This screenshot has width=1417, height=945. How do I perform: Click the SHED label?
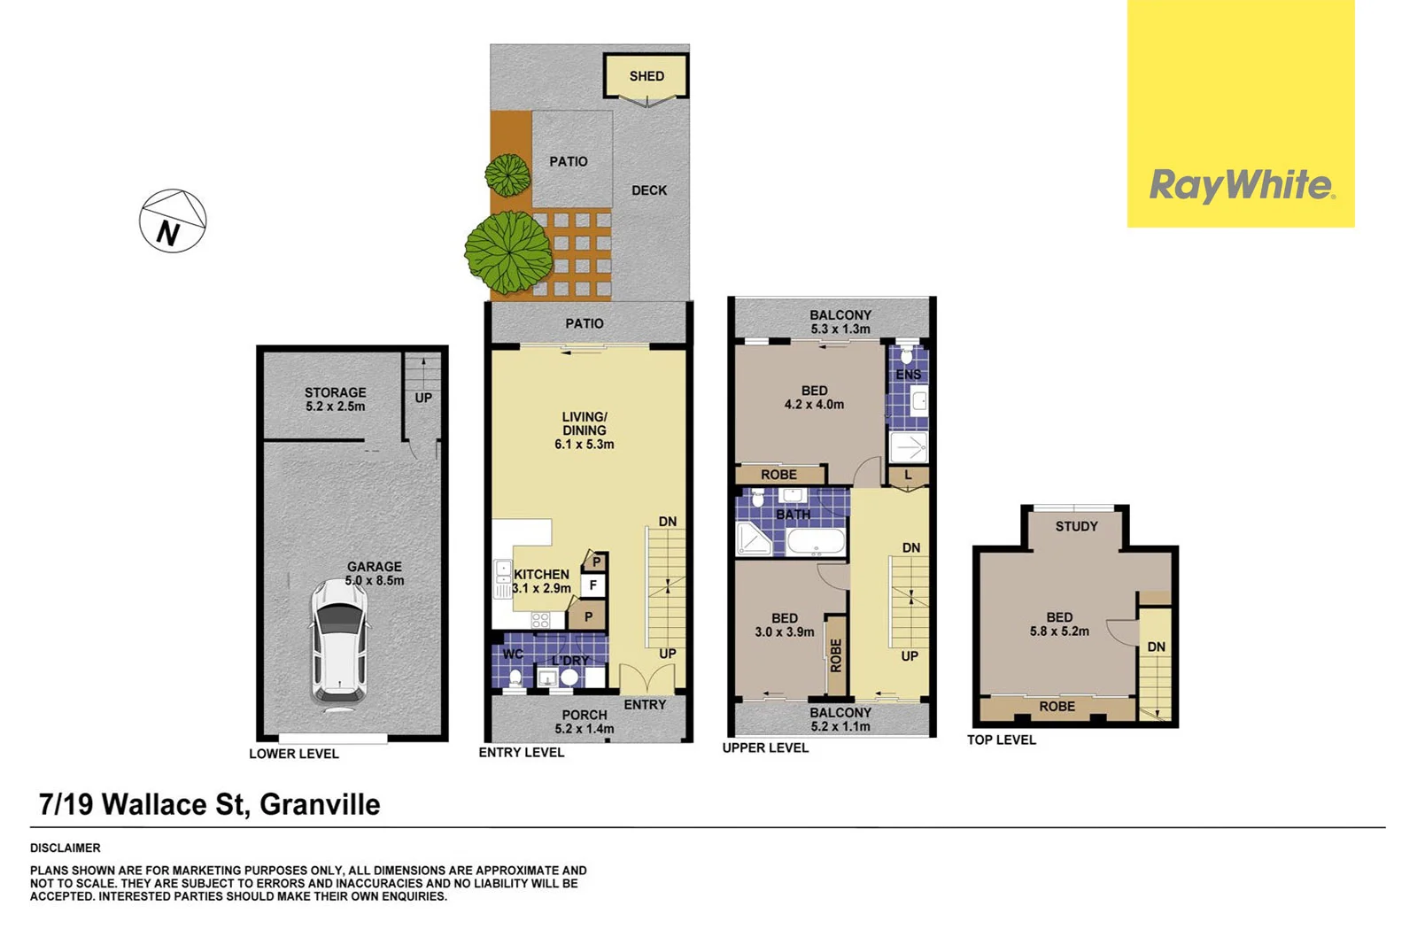point(647,76)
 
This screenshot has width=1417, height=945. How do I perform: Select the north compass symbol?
point(173,221)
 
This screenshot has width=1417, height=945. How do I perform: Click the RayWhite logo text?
point(1241,186)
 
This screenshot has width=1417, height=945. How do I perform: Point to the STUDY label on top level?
point(1076,526)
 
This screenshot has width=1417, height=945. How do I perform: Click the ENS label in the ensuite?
point(908,375)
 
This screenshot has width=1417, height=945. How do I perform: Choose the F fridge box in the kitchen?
point(593,585)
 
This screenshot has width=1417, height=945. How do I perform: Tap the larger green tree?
point(508,252)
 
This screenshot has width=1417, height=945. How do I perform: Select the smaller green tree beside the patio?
point(508,174)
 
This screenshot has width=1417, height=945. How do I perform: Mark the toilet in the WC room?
point(515,678)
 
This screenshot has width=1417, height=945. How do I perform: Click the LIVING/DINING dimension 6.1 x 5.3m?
point(584,445)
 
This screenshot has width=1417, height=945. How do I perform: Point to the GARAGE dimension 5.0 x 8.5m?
point(374,581)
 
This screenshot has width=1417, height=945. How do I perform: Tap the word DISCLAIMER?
point(66,848)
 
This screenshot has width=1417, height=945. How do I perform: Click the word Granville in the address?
point(320,804)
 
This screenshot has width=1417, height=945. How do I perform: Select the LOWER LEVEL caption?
point(293,754)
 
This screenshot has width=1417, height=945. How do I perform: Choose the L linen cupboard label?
point(908,476)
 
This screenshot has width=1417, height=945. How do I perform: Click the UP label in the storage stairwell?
point(423,398)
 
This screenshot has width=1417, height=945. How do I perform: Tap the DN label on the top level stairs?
point(1156,647)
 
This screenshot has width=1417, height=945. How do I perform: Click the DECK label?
point(649,190)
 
